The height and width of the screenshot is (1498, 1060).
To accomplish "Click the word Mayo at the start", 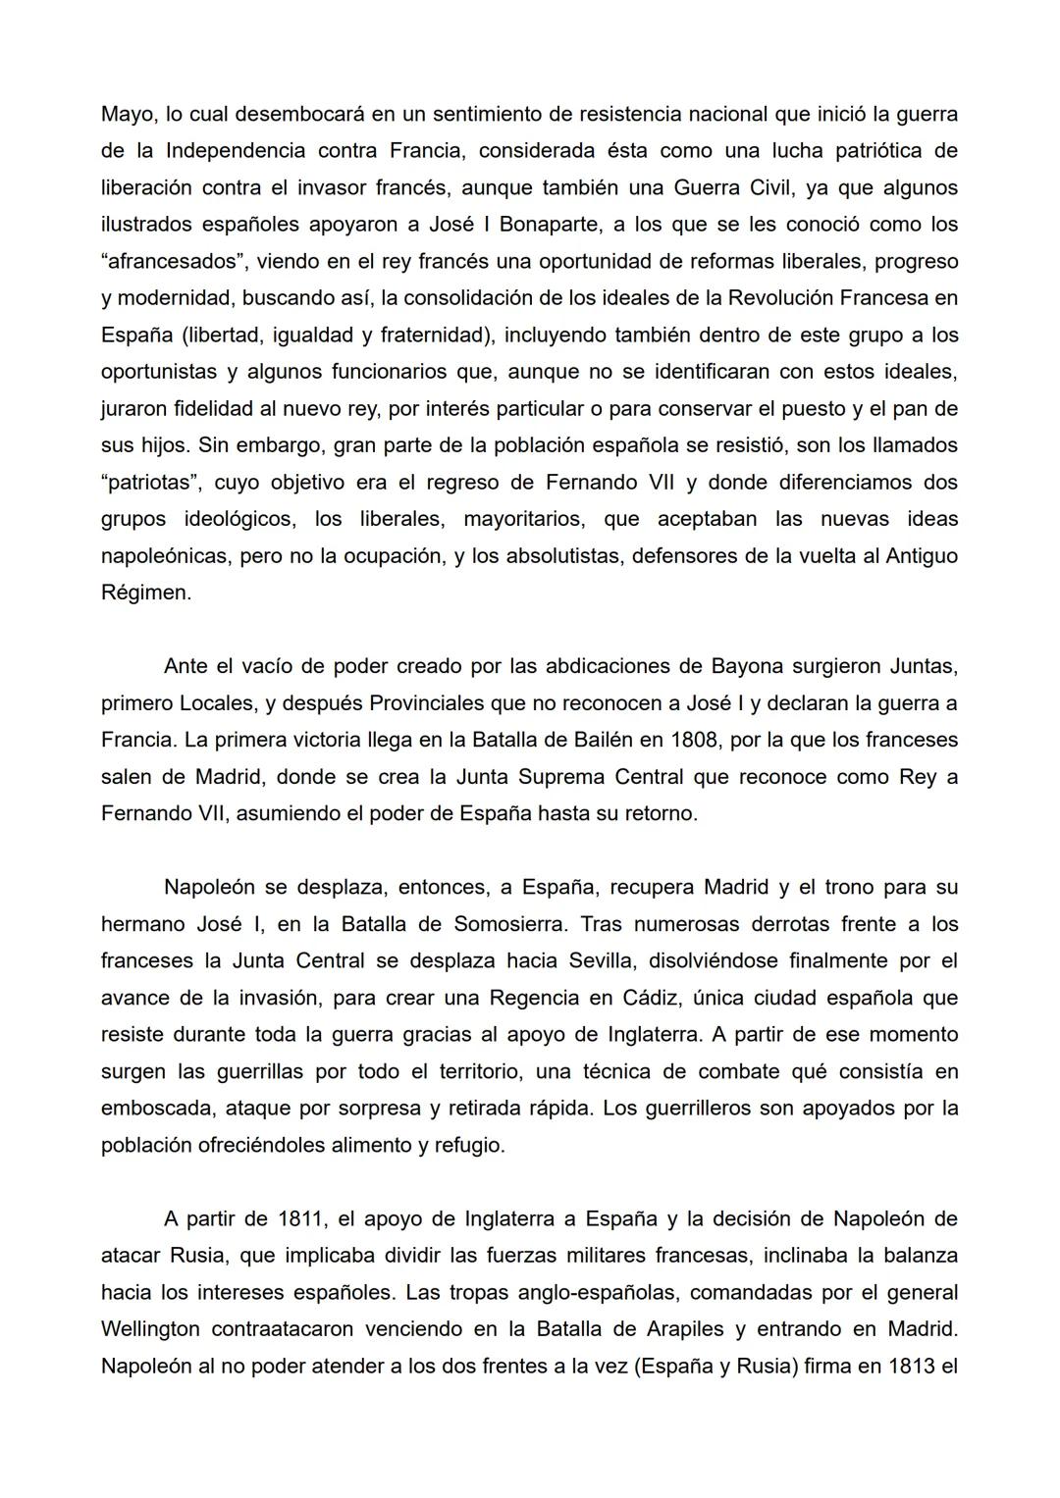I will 128,115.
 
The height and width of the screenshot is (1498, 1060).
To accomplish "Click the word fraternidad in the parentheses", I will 432,336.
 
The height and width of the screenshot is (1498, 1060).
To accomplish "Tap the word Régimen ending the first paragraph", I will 145,593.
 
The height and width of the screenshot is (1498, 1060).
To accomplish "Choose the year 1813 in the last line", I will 912,1367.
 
